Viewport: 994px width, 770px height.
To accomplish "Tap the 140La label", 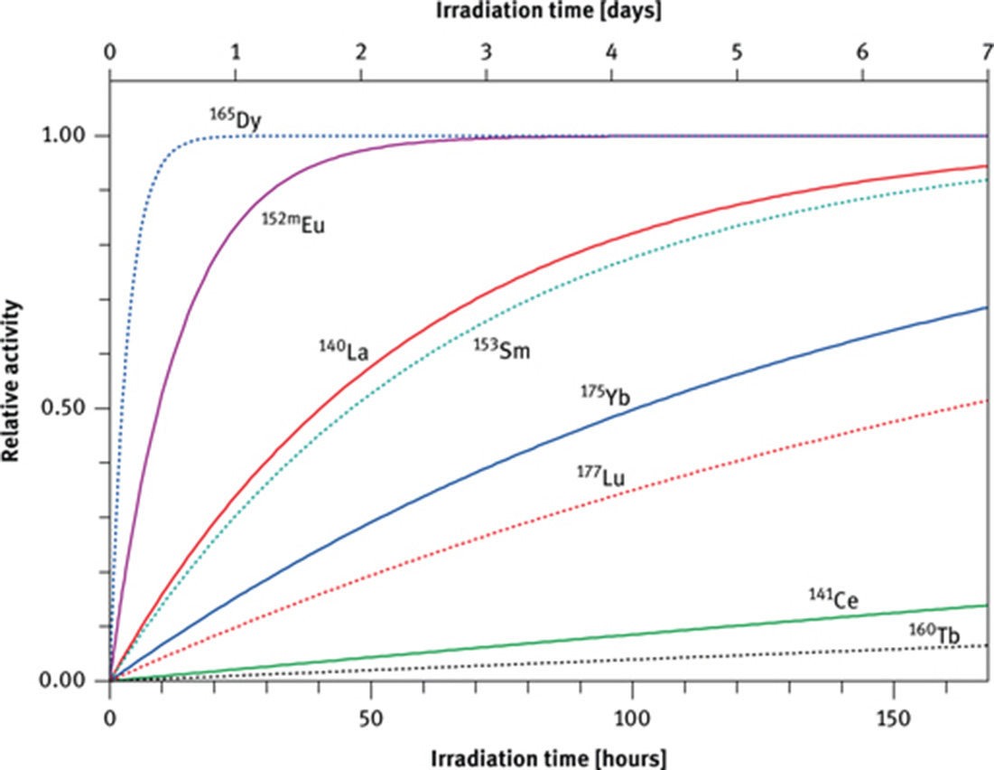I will click(x=348, y=347).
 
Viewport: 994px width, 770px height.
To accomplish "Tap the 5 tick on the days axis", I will click(x=738, y=51).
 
